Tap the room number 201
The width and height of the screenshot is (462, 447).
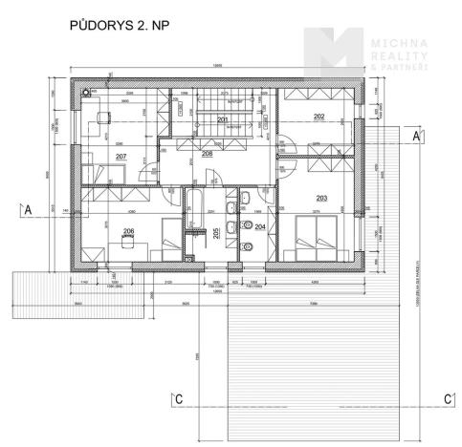(223, 120)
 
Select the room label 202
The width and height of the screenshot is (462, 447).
(319, 117)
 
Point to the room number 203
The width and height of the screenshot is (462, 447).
(321, 199)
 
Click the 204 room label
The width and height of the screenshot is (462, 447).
(260, 227)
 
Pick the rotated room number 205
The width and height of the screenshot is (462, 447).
(216, 233)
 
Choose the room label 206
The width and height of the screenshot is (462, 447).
(128, 232)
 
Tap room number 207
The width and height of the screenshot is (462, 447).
(121, 156)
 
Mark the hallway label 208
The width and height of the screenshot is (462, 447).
(207, 153)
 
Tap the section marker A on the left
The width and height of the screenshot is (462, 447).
(28, 208)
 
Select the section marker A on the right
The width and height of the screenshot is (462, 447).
(417, 138)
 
